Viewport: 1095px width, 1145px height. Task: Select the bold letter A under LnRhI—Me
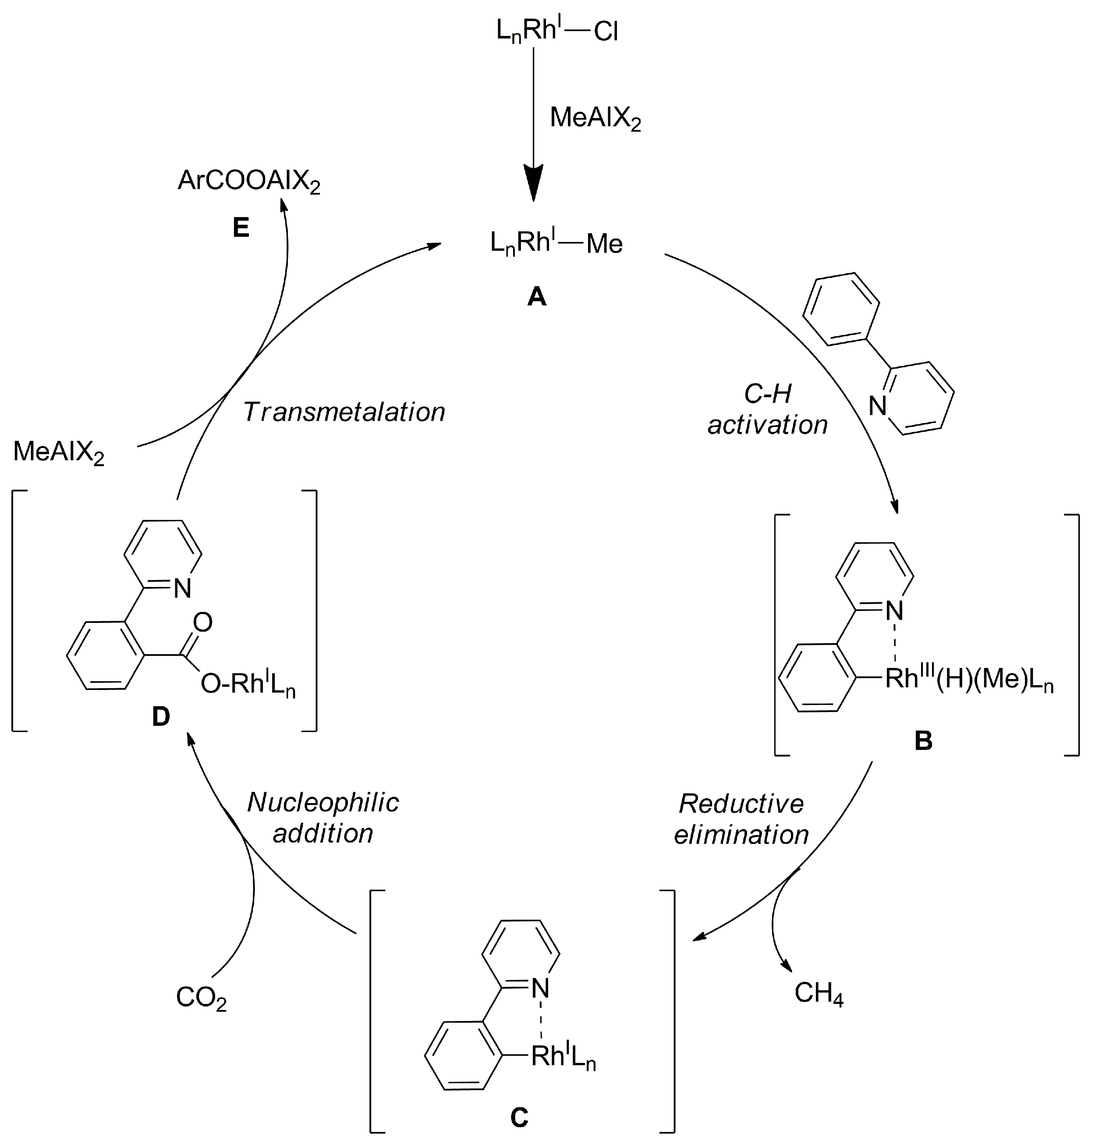pyautogui.click(x=536, y=298)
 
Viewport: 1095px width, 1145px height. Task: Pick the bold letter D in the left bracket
pyautogui.click(x=160, y=717)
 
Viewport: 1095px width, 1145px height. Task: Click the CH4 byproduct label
pyautogui.click(x=819, y=993)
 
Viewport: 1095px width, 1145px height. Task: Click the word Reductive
pyautogui.click(x=741, y=804)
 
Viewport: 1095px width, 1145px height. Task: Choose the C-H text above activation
pyautogui.click(x=768, y=395)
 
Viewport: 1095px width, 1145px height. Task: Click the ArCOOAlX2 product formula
pyautogui.click(x=249, y=181)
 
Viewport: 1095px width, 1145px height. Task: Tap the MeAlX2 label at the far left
pyautogui.click(x=58, y=452)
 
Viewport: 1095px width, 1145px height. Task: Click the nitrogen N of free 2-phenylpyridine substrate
pyautogui.click(x=878, y=406)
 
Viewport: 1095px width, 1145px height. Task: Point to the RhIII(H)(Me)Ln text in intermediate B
pyautogui.click(x=969, y=679)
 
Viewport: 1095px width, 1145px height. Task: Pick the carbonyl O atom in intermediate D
pyautogui.click(x=202, y=622)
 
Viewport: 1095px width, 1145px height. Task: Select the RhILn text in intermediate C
pyautogui.click(x=563, y=1056)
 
